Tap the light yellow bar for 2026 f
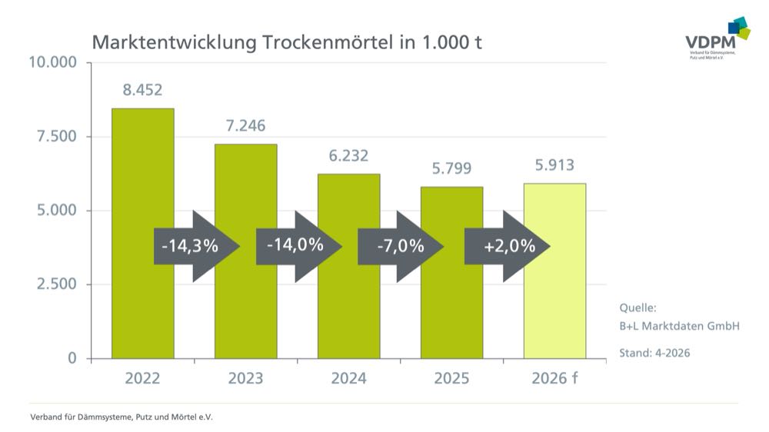(554, 307)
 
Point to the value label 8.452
(142, 90)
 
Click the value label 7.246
(245, 126)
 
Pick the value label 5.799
(451, 168)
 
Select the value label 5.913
(554, 164)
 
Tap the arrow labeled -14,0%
(297, 246)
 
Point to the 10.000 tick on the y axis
(52, 62)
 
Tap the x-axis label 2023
(245, 378)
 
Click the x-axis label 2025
(451, 378)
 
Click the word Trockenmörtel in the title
(328, 42)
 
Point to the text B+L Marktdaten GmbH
(679, 326)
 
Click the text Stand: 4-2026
(654, 354)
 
